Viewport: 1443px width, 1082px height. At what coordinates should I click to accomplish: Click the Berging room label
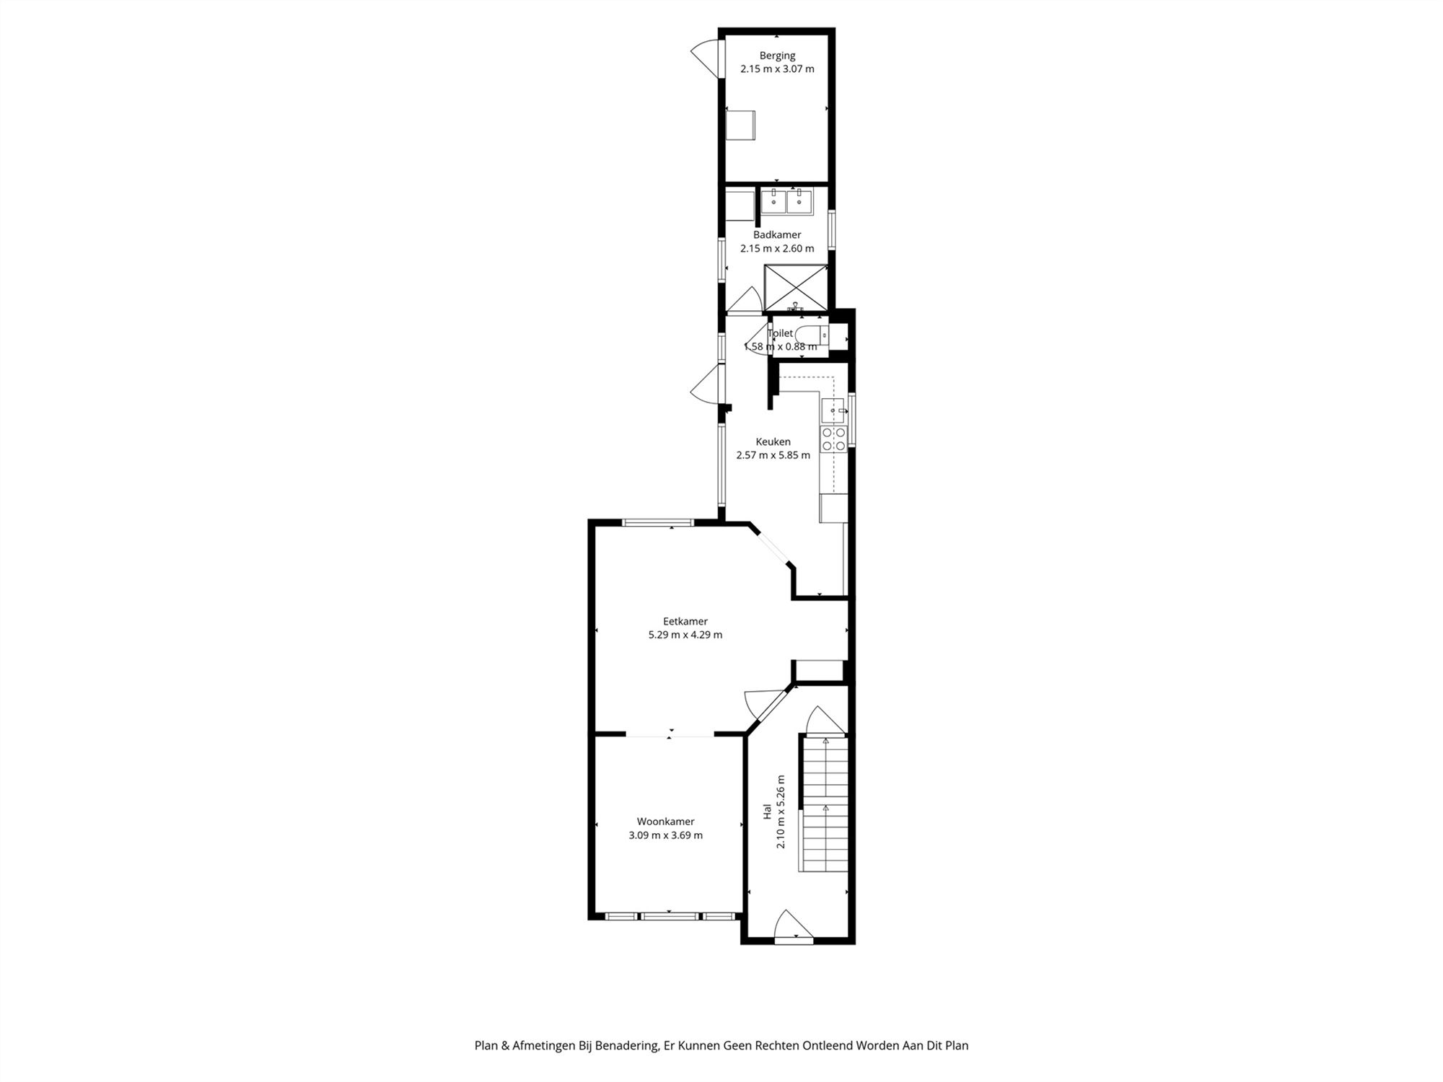point(777,56)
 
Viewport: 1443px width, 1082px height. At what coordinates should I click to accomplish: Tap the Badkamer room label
point(777,234)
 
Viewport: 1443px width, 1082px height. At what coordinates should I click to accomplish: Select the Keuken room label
point(773,441)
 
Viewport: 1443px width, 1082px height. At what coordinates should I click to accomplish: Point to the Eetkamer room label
point(685,621)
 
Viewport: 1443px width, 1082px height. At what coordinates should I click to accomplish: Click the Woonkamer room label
point(665,821)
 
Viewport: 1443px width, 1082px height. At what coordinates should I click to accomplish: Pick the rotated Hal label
point(768,812)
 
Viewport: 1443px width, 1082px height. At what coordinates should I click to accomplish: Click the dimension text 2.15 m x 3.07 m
point(777,69)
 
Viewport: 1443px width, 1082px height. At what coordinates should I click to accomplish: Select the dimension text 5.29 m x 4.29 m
point(685,635)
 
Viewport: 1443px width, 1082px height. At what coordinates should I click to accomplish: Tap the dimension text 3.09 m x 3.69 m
point(665,835)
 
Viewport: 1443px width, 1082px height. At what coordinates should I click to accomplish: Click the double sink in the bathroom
point(786,201)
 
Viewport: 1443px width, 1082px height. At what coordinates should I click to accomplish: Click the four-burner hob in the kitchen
point(833,439)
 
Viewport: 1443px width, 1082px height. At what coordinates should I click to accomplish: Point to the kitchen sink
point(834,410)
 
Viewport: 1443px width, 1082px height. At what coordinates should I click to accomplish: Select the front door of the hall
point(793,927)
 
